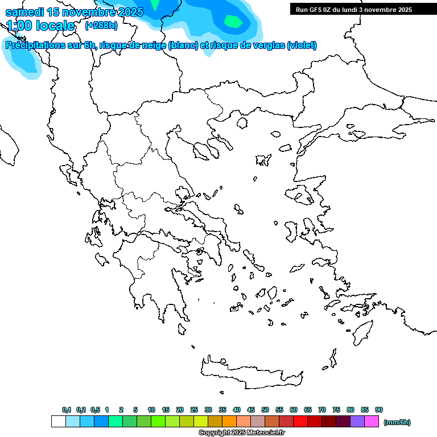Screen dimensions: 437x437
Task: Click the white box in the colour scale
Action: coord(58,422)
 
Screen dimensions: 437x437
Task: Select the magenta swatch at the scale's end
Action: coord(372,422)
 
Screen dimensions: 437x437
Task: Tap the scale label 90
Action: coord(379,410)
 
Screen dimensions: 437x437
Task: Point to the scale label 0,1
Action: coord(67,410)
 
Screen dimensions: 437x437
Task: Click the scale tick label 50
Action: coord(265,410)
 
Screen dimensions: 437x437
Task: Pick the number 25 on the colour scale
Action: coord(194,410)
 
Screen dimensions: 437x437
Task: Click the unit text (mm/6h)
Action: coord(397,422)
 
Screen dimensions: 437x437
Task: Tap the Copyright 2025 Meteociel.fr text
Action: coord(241,432)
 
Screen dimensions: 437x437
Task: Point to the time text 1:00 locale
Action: coord(40,26)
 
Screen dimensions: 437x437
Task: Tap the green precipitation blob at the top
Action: coord(233,21)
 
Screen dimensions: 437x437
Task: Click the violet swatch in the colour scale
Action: coord(357,422)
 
